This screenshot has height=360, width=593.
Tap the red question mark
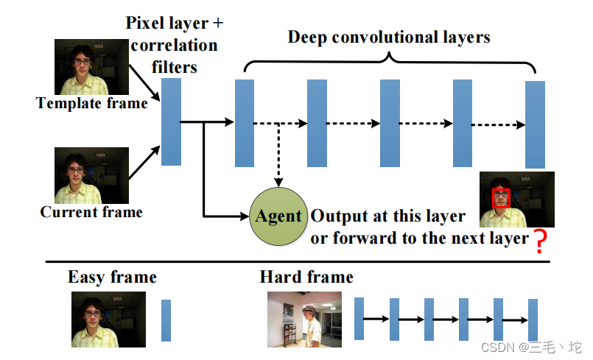tap(541, 241)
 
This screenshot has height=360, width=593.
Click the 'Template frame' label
tap(92, 104)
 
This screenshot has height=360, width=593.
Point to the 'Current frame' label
tap(91, 212)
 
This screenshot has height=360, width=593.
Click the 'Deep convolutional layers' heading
tap(389, 37)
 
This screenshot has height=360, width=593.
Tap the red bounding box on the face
tap(502, 198)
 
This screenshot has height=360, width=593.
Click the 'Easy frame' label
tap(112, 278)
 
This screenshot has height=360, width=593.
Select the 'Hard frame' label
tap(306, 278)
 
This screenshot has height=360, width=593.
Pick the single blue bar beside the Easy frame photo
tap(166, 320)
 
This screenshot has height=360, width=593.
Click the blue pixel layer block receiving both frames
tap(171, 121)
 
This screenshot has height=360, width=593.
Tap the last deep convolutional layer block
tap(535, 124)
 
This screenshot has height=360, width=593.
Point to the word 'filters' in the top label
tap(175, 66)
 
